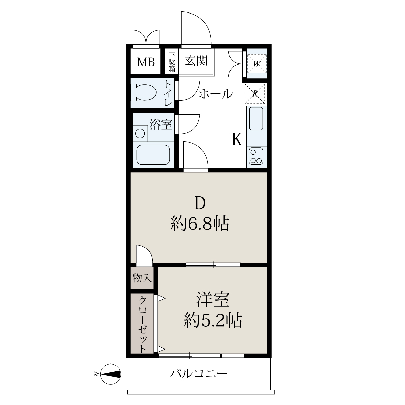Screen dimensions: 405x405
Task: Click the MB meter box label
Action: [146, 62]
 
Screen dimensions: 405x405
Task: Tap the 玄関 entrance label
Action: [196, 61]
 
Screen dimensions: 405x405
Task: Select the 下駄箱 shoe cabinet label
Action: [172, 62]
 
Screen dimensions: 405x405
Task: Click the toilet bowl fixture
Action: [144, 93]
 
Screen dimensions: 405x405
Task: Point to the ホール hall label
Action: [216, 94]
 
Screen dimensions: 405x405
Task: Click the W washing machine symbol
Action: [256, 63]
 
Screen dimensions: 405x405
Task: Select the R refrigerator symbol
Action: [255, 94]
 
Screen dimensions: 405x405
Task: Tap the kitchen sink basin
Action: [256, 118]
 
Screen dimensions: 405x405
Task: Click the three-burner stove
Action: [256, 156]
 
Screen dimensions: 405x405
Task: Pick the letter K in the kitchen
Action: [237, 139]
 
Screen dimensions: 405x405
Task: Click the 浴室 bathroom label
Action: [161, 125]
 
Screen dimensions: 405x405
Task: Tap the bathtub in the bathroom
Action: [153, 155]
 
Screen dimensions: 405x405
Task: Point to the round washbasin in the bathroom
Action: [140, 133]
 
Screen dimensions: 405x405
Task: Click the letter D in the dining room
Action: [200, 204]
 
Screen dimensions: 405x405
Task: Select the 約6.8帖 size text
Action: [200, 224]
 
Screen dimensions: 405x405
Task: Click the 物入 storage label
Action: [142, 278]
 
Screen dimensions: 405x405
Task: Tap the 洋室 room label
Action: [213, 299]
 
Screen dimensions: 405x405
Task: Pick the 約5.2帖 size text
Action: [213, 321]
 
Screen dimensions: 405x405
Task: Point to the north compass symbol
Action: [111, 374]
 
